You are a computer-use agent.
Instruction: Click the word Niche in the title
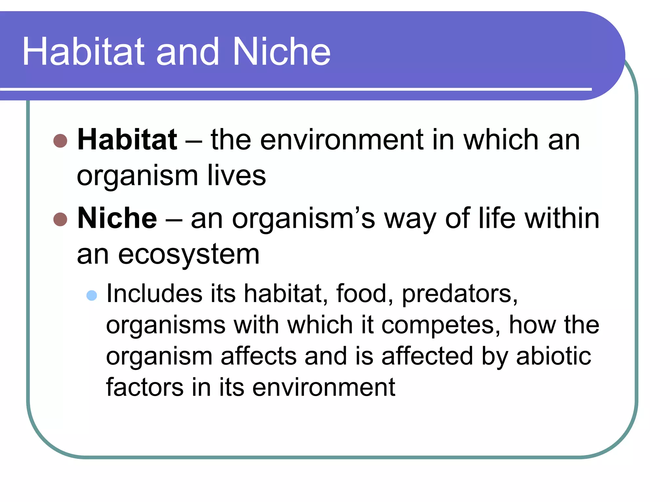click(x=281, y=52)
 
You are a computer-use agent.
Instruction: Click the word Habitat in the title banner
click(x=83, y=52)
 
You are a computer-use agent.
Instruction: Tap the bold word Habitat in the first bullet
click(x=127, y=140)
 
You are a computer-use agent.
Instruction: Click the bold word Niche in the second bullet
click(x=117, y=218)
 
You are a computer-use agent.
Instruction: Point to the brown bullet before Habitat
click(x=60, y=141)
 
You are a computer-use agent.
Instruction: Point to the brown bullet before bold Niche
click(x=60, y=219)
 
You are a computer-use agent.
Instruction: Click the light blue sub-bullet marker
click(x=92, y=295)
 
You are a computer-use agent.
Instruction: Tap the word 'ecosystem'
click(x=189, y=254)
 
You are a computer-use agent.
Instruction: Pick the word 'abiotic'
click(x=554, y=356)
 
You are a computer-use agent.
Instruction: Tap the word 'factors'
click(x=145, y=388)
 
